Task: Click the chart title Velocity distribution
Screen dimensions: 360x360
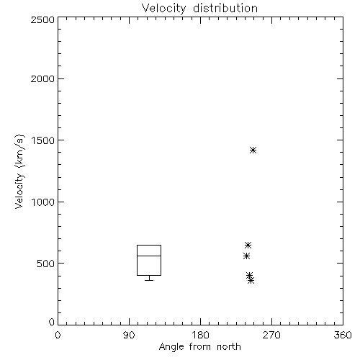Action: coord(199,9)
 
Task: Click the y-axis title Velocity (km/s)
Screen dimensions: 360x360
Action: coord(19,171)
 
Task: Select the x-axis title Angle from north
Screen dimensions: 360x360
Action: coord(199,347)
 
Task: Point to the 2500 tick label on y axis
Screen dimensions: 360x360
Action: coord(42,19)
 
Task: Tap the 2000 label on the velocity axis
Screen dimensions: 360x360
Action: coord(42,78)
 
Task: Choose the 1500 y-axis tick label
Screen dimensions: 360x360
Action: coord(43,140)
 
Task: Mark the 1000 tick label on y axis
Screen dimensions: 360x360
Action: coord(43,202)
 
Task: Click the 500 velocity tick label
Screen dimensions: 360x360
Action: coord(46,264)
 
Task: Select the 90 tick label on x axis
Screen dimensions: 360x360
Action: coord(129,335)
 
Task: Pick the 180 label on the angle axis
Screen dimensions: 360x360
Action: coord(200,335)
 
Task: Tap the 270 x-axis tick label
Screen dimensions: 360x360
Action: coord(271,335)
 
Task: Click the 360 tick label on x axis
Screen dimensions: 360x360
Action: coord(343,335)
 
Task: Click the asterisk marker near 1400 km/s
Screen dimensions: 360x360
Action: coord(253,150)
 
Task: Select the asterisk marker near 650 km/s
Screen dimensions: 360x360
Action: coord(248,246)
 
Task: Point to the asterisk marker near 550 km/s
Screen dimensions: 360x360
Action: coord(246,256)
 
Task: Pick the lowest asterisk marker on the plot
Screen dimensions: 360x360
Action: coord(251,281)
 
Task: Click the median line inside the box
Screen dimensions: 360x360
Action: coord(149,256)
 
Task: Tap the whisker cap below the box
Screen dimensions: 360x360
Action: coord(149,280)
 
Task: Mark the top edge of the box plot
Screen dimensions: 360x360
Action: coord(149,245)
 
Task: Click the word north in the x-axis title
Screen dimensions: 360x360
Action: coord(229,347)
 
